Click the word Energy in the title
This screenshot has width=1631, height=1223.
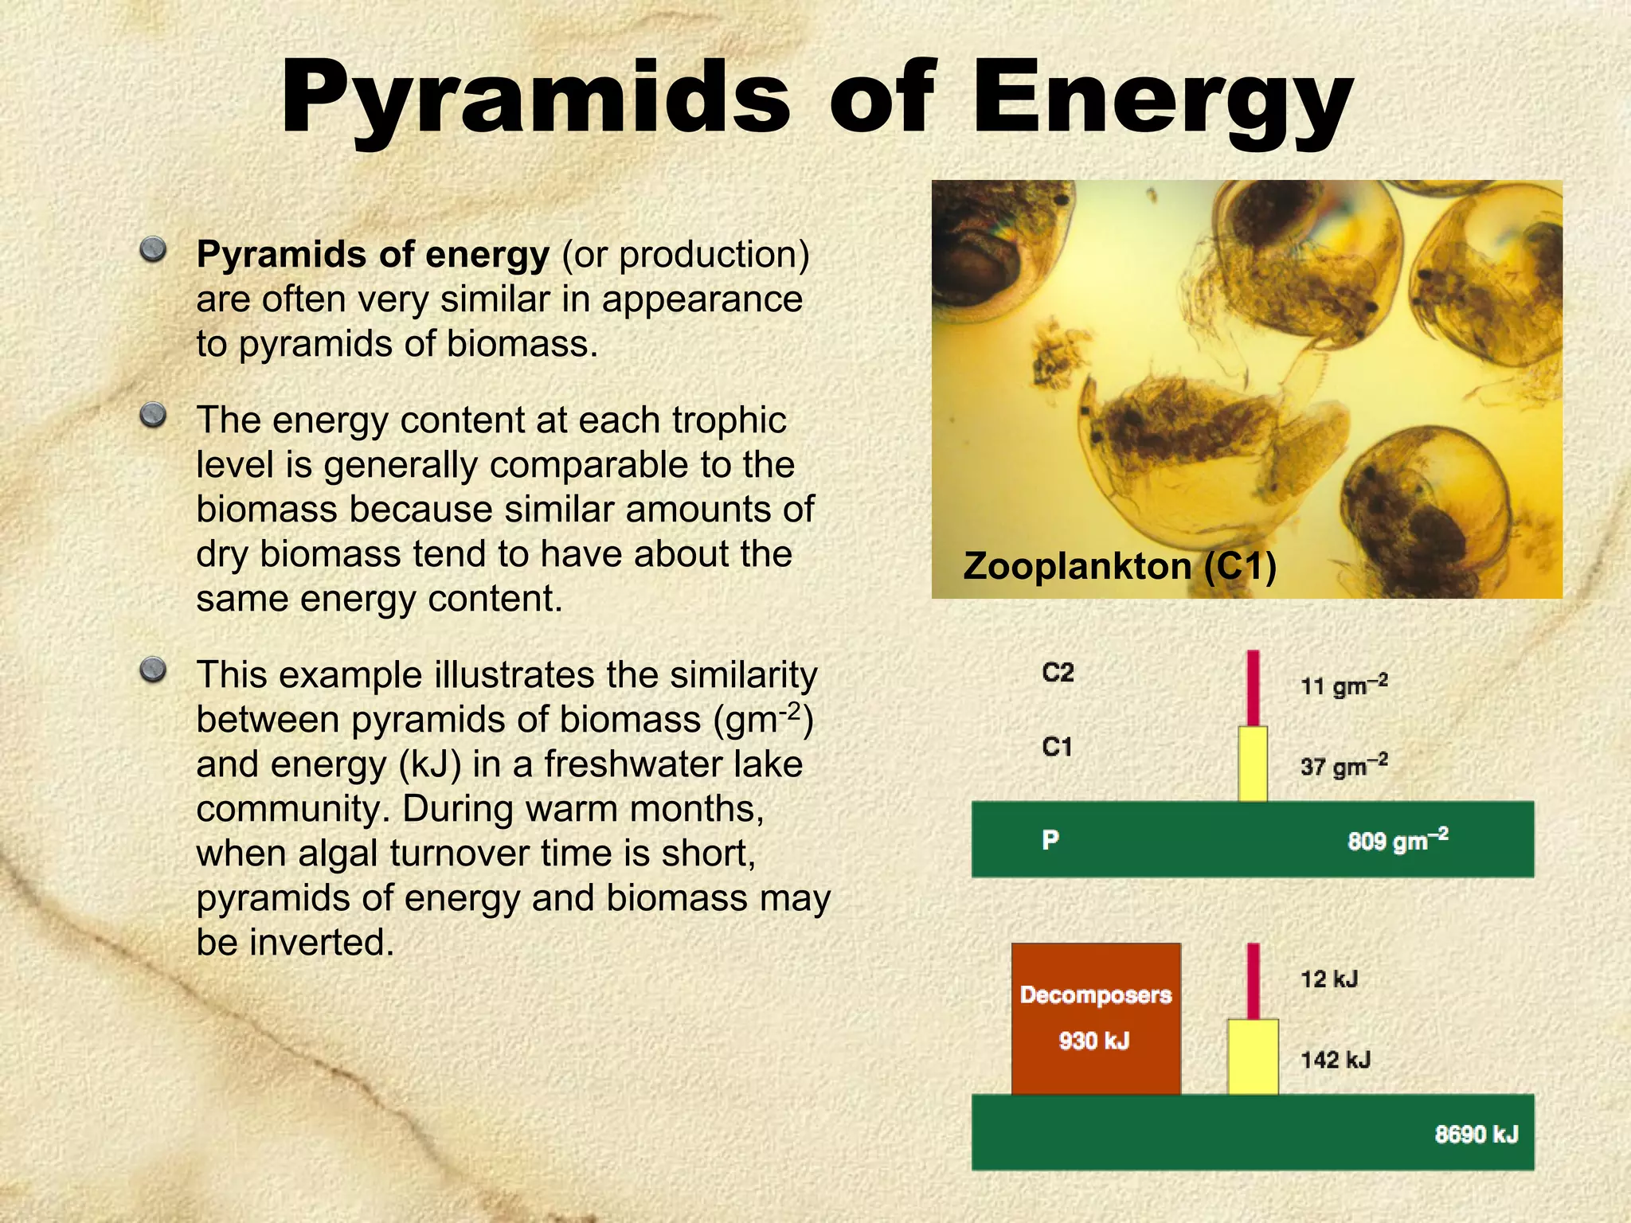pos(1163,100)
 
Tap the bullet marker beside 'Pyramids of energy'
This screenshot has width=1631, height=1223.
pos(153,251)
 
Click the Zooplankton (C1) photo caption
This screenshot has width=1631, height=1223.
pos(1120,566)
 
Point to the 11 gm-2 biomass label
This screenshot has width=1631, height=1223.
pos(1344,685)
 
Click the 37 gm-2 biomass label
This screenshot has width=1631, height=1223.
pos(1344,766)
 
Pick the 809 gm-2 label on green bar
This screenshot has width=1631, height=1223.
pos(1398,840)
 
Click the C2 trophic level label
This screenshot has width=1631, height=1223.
pos(1058,673)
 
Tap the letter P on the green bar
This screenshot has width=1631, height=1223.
pos(1050,839)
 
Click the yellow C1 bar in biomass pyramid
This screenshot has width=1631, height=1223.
pos(1253,764)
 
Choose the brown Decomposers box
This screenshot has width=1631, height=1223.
pos(1096,1018)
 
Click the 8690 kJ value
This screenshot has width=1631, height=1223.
pos(1476,1134)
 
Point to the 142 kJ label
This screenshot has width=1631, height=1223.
pos(1336,1060)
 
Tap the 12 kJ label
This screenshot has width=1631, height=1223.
pos(1329,979)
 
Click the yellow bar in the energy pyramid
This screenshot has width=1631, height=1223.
pos(1253,1057)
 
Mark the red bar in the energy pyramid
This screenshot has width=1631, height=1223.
pos(1253,981)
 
